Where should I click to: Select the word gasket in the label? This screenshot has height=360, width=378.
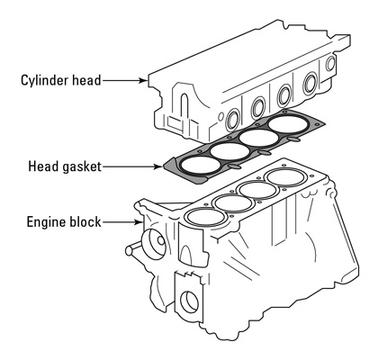(x=83, y=166)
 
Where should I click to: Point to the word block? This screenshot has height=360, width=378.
(x=85, y=221)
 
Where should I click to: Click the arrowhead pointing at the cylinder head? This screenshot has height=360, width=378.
(x=143, y=80)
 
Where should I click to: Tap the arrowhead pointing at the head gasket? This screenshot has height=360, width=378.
(x=157, y=166)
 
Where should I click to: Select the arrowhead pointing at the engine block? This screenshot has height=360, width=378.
(x=139, y=222)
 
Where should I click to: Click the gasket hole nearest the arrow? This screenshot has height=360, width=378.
(x=201, y=165)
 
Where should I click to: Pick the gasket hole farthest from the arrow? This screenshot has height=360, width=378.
(x=288, y=123)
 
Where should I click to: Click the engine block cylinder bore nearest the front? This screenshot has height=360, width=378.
(x=206, y=217)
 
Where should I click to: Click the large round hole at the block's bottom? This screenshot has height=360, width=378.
(x=190, y=301)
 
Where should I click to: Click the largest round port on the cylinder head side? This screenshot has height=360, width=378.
(x=310, y=82)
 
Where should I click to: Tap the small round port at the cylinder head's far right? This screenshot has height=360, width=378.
(x=330, y=64)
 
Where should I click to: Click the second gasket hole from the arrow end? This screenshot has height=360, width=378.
(x=229, y=151)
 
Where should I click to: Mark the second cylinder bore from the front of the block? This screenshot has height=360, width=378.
(x=233, y=203)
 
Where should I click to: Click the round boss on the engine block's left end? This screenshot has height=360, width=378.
(x=155, y=245)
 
